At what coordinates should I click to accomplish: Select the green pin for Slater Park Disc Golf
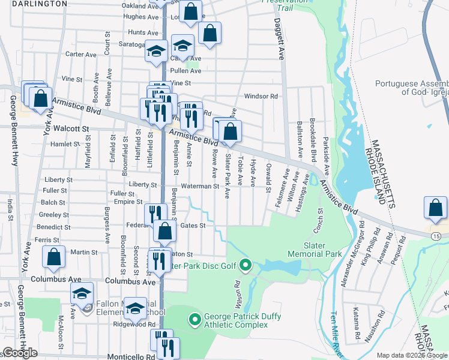245,264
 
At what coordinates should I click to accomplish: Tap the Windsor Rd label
261,96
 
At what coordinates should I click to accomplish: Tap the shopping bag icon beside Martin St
54,257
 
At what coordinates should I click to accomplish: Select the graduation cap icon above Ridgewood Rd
136,308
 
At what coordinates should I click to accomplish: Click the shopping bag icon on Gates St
164,230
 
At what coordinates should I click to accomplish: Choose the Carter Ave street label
81,54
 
